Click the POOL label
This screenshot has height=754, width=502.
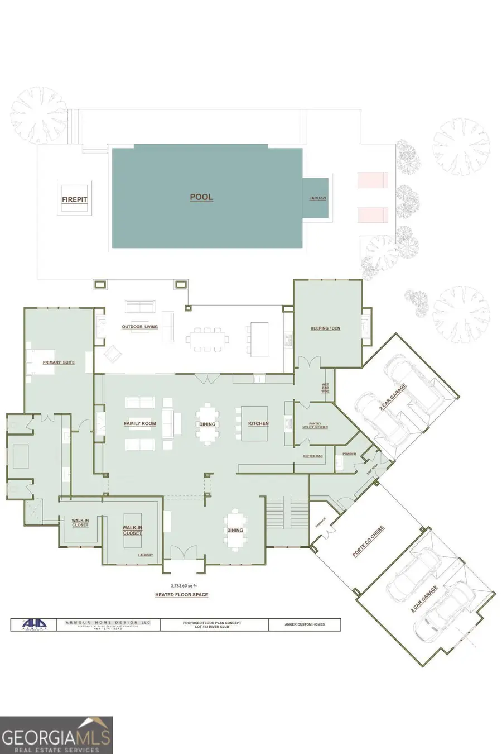click(x=201, y=197)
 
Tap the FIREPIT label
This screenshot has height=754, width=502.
click(x=74, y=199)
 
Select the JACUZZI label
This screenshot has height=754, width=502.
click(x=317, y=198)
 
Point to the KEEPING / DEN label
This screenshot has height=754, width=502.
click(x=325, y=328)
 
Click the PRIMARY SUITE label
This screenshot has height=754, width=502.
click(x=59, y=362)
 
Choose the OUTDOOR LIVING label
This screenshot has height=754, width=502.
click(x=139, y=327)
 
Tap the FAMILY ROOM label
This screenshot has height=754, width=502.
click(x=139, y=424)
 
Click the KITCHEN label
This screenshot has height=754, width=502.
click(x=258, y=424)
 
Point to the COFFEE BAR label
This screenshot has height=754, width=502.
click(x=313, y=456)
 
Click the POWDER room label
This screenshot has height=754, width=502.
click(x=349, y=454)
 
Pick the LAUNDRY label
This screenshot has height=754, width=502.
click(x=146, y=555)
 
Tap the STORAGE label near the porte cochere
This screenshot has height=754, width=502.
click(x=320, y=522)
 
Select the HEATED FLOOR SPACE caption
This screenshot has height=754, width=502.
click(x=181, y=595)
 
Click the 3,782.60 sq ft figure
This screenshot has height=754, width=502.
click(x=181, y=585)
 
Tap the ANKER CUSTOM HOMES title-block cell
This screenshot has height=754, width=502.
click(x=304, y=624)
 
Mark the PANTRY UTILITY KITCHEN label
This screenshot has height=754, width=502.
click(x=315, y=426)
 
